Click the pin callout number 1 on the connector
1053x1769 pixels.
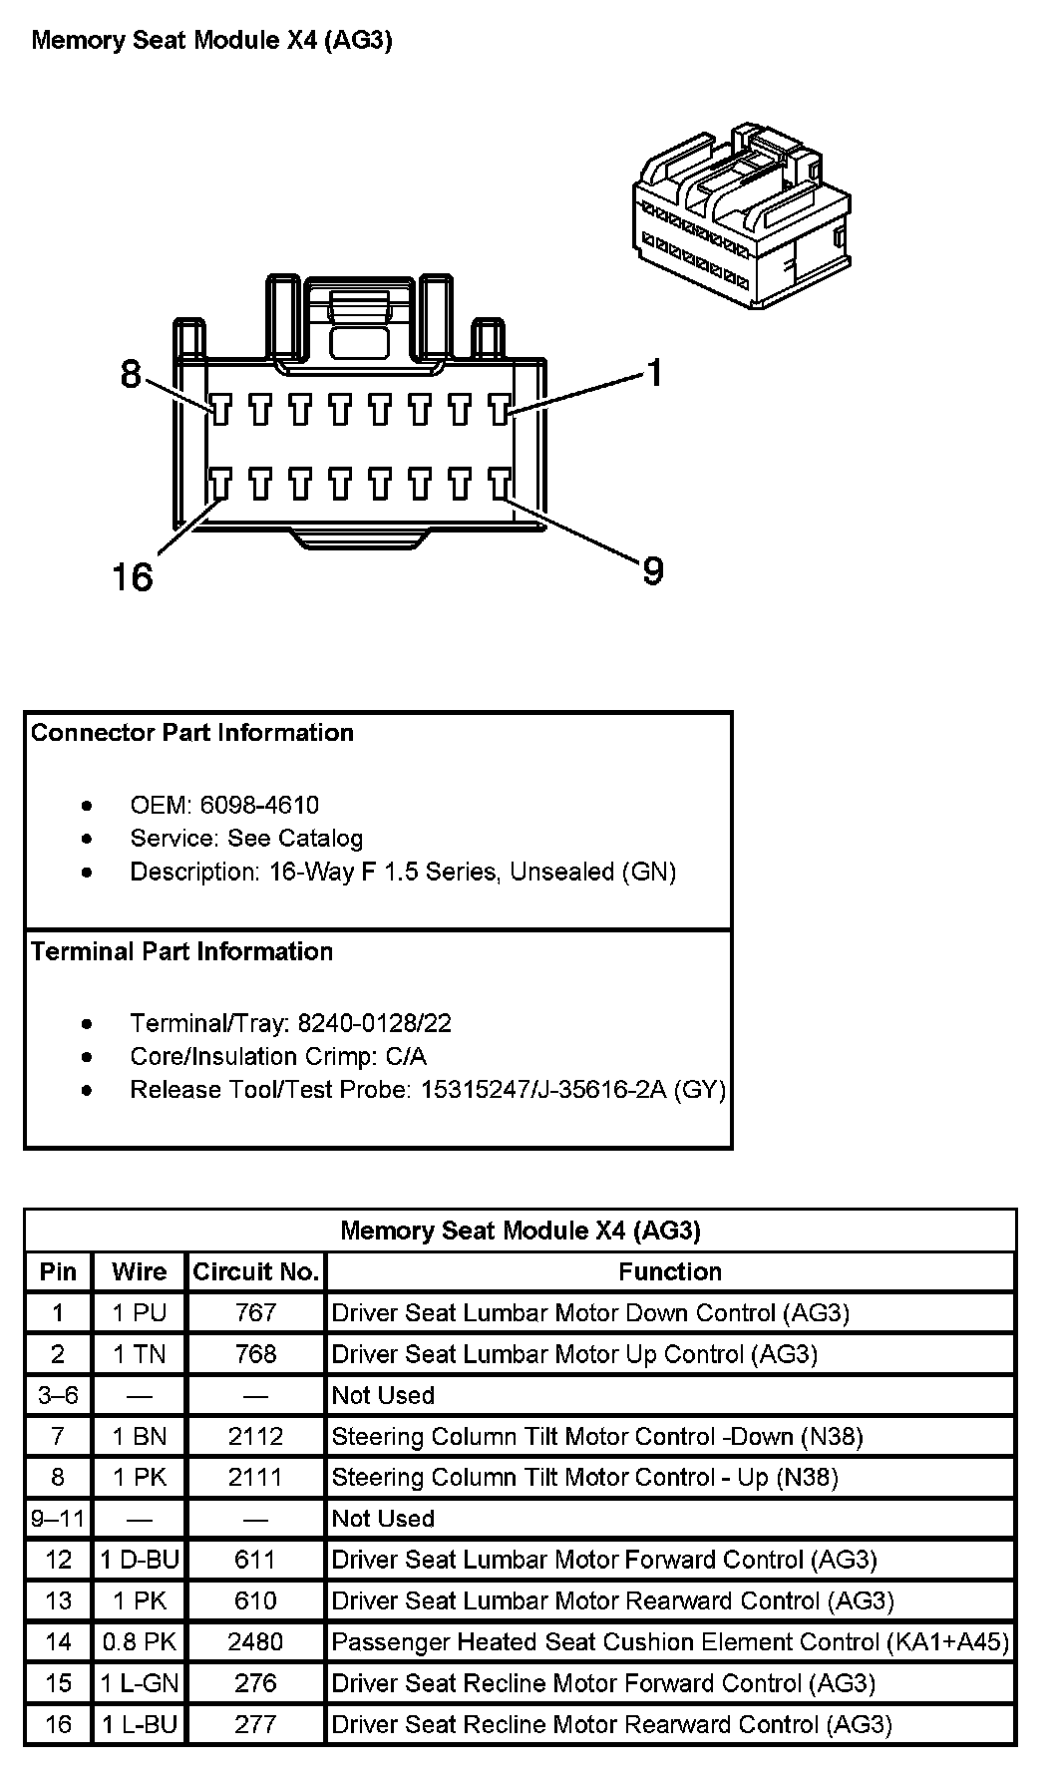point(654,374)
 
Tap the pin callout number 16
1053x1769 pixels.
point(133,576)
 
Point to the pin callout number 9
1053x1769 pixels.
point(652,571)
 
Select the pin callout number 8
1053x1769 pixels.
point(132,375)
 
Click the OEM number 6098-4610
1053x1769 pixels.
point(259,805)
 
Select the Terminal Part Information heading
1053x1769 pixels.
point(181,951)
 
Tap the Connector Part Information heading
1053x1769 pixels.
point(192,733)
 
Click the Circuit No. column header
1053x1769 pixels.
point(255,1271)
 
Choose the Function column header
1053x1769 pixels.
point(670,1271)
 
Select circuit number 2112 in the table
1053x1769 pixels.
point(255,1436)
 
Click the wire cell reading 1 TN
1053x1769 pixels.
point(140,1354)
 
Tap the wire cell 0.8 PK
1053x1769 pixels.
point(140,1641)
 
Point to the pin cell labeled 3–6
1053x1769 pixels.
point(58,1395)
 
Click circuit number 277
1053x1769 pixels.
point(255,1724)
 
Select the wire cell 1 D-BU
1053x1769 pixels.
point(140,1560)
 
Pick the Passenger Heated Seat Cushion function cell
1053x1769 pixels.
point(669,1641)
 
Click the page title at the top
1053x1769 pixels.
point(211,41)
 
